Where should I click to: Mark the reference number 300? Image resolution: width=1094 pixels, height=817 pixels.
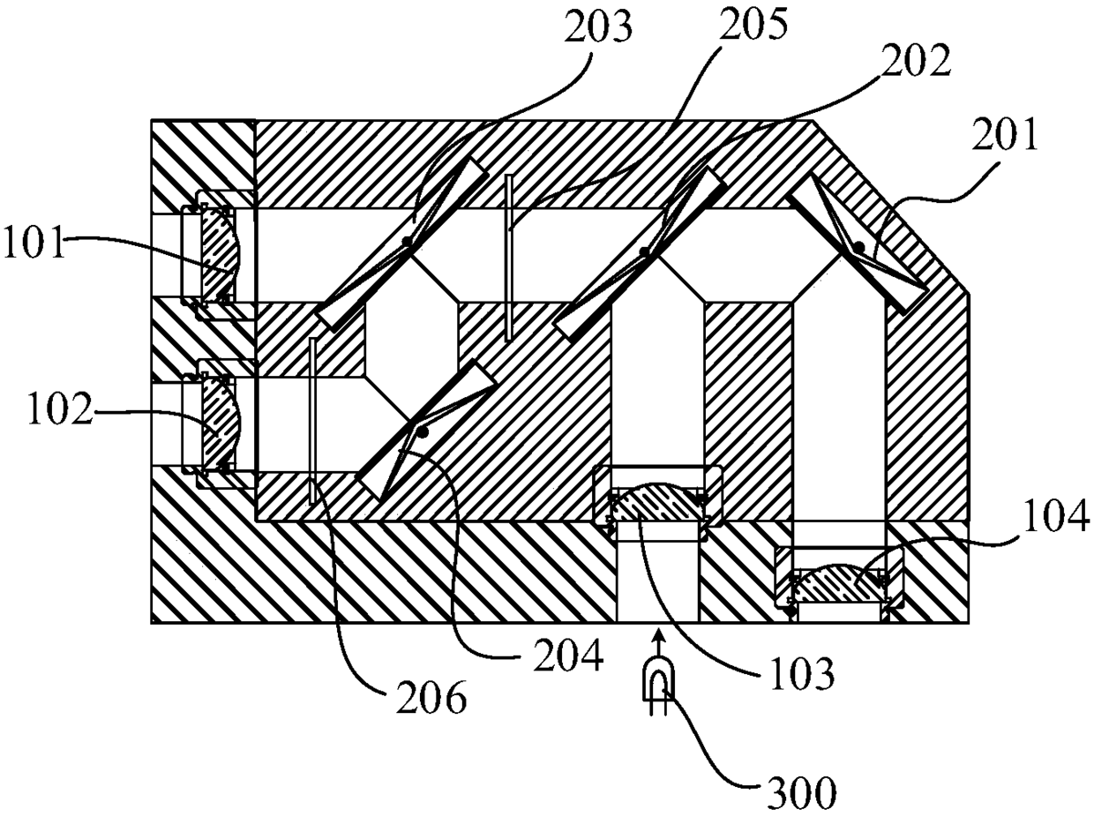[x=799, y=795]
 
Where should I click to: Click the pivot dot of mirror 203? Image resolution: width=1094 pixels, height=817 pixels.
[x=405, y=241]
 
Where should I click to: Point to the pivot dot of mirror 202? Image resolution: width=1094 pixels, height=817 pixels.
[x=645, y=252]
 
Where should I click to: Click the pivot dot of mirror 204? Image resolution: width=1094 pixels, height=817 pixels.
[x=424, y=432]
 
